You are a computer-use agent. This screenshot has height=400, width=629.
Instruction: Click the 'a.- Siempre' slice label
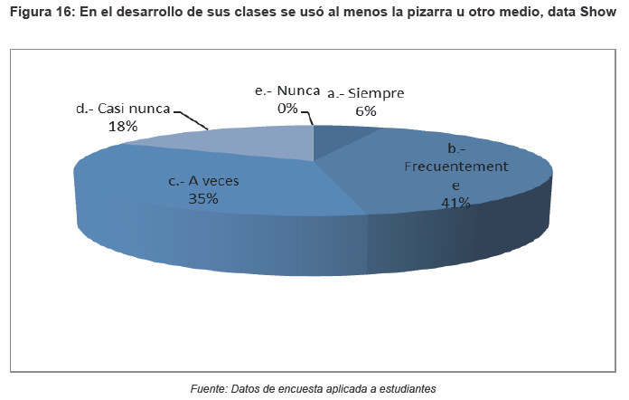click(x=365, y=93)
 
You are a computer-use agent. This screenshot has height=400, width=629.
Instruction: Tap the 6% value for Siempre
click(x=366, y=110)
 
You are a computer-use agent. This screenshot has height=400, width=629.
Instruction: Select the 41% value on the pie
click(x=455, y=203)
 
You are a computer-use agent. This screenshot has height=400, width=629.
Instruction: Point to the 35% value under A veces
click(x=204, y=199)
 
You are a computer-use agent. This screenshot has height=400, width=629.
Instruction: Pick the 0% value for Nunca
click(x=287, y=108)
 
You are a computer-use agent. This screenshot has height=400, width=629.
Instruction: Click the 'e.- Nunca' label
click(x=287, y=91)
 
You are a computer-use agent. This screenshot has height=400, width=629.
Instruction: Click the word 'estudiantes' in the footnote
click(x=405, y=388)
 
